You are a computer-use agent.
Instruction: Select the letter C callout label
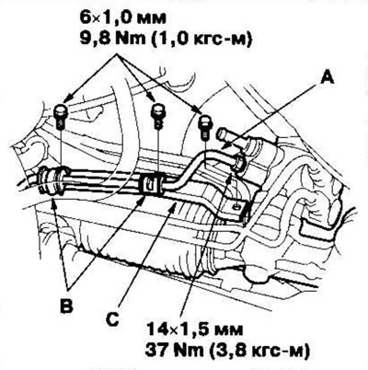pos(113,319)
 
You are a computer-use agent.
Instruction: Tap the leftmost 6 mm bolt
pos(60,116)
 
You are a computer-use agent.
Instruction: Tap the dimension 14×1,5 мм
pos(194,330)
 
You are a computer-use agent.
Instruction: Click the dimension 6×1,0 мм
pos(123,18)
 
